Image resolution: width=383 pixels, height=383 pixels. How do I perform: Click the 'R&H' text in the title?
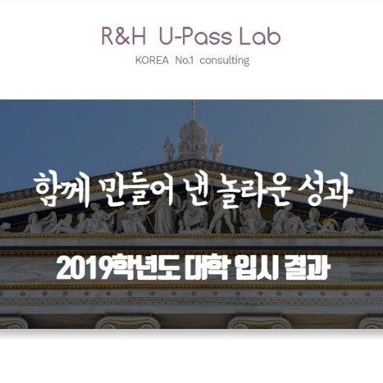coord(123,37)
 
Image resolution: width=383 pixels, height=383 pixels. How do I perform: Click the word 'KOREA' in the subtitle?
coord(152,61)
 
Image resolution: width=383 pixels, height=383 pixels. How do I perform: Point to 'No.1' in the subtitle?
coord(184,61)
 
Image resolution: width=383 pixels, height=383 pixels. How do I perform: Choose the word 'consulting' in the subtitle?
coord(224,61)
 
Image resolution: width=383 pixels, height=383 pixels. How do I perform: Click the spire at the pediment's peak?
coord(193,110)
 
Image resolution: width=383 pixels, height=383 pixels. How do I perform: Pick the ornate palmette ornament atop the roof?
coord(193,140)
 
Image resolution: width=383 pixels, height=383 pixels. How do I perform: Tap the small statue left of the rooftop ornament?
coord(168,149)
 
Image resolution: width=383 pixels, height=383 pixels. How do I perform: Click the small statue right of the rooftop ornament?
coord(216,149)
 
